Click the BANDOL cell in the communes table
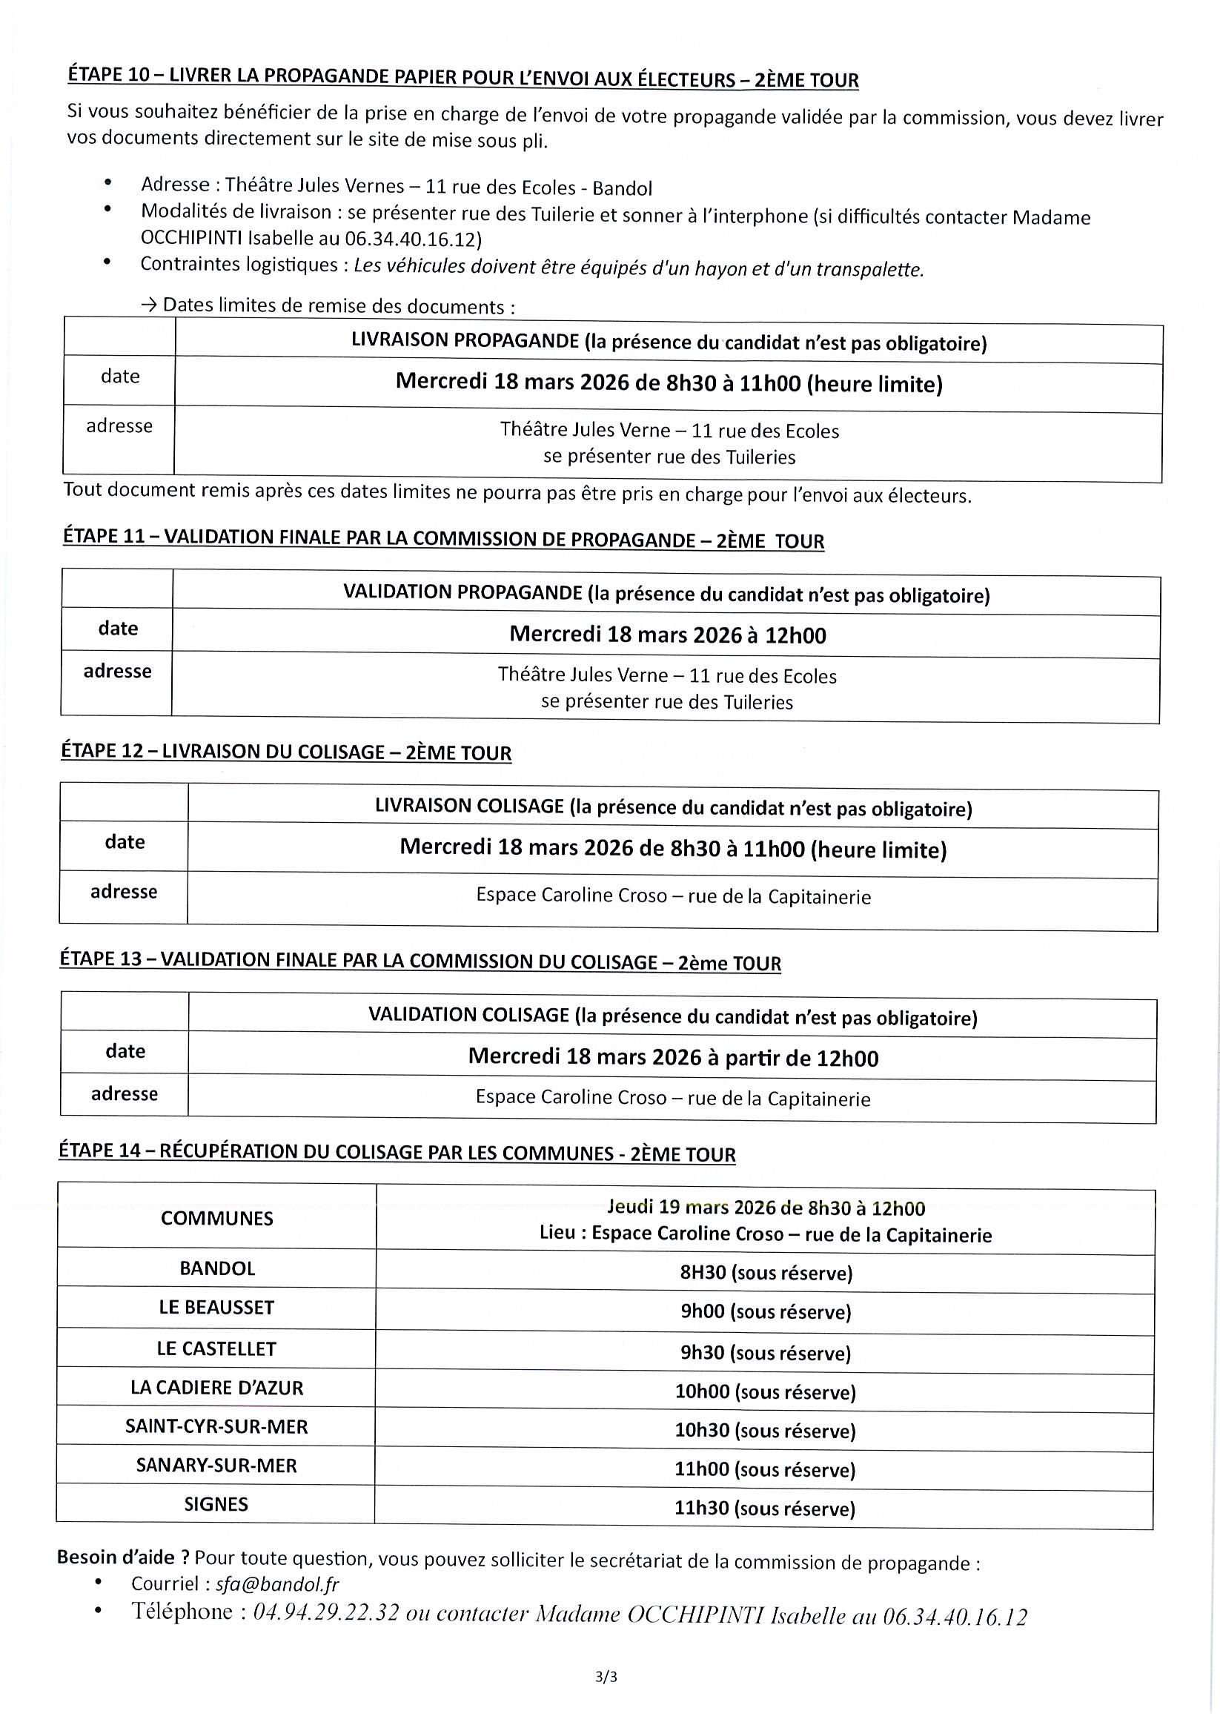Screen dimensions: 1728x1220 [x=217, y=1268]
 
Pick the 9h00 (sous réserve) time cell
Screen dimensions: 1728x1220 [x=766, y=1312]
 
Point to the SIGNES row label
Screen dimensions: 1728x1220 [x=216, y=1504]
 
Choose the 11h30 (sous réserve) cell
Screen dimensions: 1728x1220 [x=766, y=1509]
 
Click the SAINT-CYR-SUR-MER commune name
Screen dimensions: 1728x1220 [x=216, y=1426]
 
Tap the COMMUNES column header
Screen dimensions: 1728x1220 [x=216, y=1219]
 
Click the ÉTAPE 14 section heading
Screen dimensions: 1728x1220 [x=397, y=1153]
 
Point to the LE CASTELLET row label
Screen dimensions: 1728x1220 [x=216, y=1348]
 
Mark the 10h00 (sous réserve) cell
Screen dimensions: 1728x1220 [x=766, y=1391]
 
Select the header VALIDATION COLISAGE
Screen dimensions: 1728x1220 [x=468, y=1016]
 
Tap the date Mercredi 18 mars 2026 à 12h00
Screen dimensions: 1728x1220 [x=668, y=635]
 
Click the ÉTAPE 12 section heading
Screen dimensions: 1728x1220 [x=286, y=752]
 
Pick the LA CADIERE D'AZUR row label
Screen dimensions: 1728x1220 [x=216, y=1388]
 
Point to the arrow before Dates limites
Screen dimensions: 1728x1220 [x=148, y=305]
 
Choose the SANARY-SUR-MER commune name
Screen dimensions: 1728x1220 [x=216, y=1466]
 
